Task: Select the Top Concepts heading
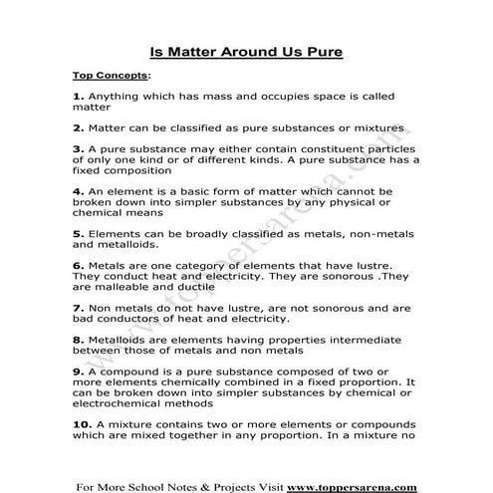[x=110, y=75]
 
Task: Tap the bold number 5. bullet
[x=79, y=234]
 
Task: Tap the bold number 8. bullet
[x=79, y=341]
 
